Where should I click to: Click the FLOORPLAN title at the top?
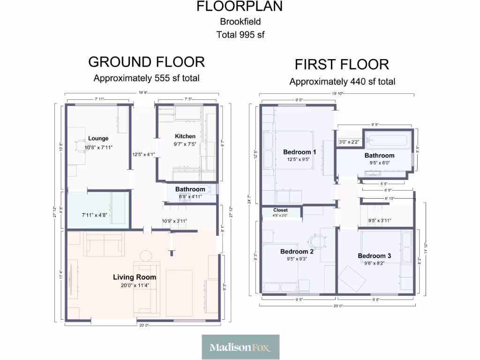[240, 7]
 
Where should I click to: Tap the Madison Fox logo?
[240, 347]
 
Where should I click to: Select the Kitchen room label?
[185, 136]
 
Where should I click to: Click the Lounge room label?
[98, 138]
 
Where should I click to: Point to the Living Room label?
[135, 277]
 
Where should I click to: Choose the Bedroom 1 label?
[300, 152]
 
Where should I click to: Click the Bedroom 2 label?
[297, 251]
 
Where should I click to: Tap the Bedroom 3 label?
[374, 255]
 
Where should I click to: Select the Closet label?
[280, 210]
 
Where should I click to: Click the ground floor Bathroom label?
[190, 189]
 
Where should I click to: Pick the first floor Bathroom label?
[379, 155]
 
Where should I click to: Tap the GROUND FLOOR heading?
[146, 62]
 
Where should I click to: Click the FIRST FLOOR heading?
[342, 64]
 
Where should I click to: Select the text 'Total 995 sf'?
[240, 35]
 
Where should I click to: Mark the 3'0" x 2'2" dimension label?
[349, 142]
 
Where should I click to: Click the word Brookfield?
[240, 22]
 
